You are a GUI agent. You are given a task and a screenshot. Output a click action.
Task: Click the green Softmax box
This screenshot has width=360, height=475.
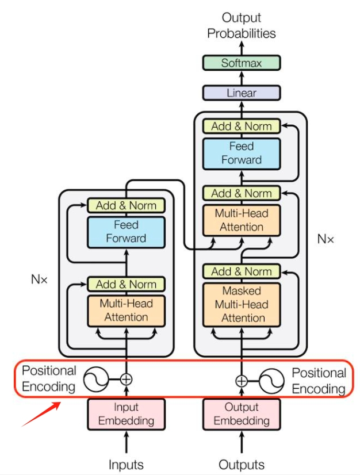(x=241, y=63)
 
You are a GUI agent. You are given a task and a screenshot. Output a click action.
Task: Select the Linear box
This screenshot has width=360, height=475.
(x=241, y=93)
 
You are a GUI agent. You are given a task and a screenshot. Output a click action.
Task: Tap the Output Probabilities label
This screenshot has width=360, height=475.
(x=241, y=26)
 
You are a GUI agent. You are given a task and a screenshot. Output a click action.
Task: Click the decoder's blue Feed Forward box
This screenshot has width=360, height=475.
(x=241, y=153)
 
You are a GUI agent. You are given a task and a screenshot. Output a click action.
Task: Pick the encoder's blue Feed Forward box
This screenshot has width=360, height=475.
(x=126, y=231)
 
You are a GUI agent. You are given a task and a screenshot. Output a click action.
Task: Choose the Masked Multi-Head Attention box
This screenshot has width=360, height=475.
(x=241, y=304)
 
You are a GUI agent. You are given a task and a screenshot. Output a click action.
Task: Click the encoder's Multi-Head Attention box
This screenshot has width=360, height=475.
(x=126, y=310)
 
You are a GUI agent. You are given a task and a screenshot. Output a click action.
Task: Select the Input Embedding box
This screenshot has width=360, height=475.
(x=126, y=413)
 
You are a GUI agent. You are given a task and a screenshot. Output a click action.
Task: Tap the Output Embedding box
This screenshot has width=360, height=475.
(x=241, y=413)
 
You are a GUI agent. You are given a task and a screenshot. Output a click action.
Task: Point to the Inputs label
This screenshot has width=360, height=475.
(x=126, y=464)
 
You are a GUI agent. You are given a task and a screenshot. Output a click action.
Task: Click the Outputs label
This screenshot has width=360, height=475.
(x=241, y=464)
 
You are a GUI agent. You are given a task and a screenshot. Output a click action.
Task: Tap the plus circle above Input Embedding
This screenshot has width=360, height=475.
(x=126, y=379)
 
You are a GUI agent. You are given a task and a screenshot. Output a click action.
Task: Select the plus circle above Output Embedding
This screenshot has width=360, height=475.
(x=241, y=380)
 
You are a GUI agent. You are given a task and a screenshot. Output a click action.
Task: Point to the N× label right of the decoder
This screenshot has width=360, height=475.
(x=325, y=239)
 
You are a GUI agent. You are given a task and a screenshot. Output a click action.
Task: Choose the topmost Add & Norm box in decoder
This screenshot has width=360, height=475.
(x=241, y=126)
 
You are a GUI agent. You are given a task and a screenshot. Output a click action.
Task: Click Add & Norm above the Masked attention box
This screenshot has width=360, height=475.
(x=241, y=271)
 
